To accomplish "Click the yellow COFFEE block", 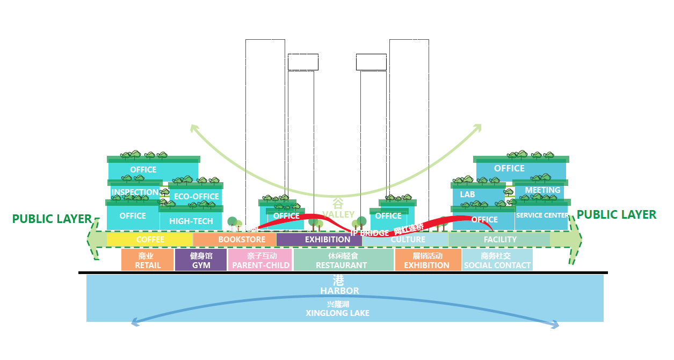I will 150,239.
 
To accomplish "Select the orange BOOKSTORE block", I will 235,239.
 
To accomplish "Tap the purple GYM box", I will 201,260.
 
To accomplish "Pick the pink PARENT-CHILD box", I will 260,260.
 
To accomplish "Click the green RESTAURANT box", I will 341,260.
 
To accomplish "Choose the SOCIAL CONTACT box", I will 497,260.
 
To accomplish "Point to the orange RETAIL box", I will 148,260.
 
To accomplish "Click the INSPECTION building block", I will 135,192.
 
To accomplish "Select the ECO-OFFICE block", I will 196,197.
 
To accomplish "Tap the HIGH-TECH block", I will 191,221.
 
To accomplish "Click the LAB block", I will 467,194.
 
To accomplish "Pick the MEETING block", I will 542,190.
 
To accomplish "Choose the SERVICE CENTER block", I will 542,215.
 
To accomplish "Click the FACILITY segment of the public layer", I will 499,239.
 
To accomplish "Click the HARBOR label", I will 339,291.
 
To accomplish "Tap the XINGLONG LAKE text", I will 337,313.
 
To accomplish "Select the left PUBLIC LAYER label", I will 52,219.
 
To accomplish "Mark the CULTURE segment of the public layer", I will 408,240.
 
